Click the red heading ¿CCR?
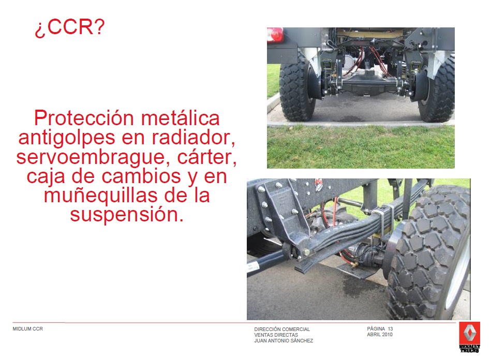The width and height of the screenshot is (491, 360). [69, 27]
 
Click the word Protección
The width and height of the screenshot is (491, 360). [84, 118]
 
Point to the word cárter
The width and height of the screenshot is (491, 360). [206, 157]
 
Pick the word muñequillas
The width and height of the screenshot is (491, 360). [100, 195]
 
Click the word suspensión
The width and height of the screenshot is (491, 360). [127, 215]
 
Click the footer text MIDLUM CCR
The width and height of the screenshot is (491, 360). [27, 328]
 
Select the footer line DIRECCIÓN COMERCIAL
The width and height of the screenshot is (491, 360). [282, 329]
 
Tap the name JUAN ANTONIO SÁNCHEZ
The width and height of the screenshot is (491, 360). [284, 340]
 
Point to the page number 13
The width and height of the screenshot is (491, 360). [390, 328]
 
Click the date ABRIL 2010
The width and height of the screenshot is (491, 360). [380, 334]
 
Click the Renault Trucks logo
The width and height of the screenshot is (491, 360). [469, 337]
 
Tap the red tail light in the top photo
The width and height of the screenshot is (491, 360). [275, 35]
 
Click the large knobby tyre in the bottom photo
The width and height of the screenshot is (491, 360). [428, 253]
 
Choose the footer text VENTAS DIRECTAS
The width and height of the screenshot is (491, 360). [276, 335]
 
